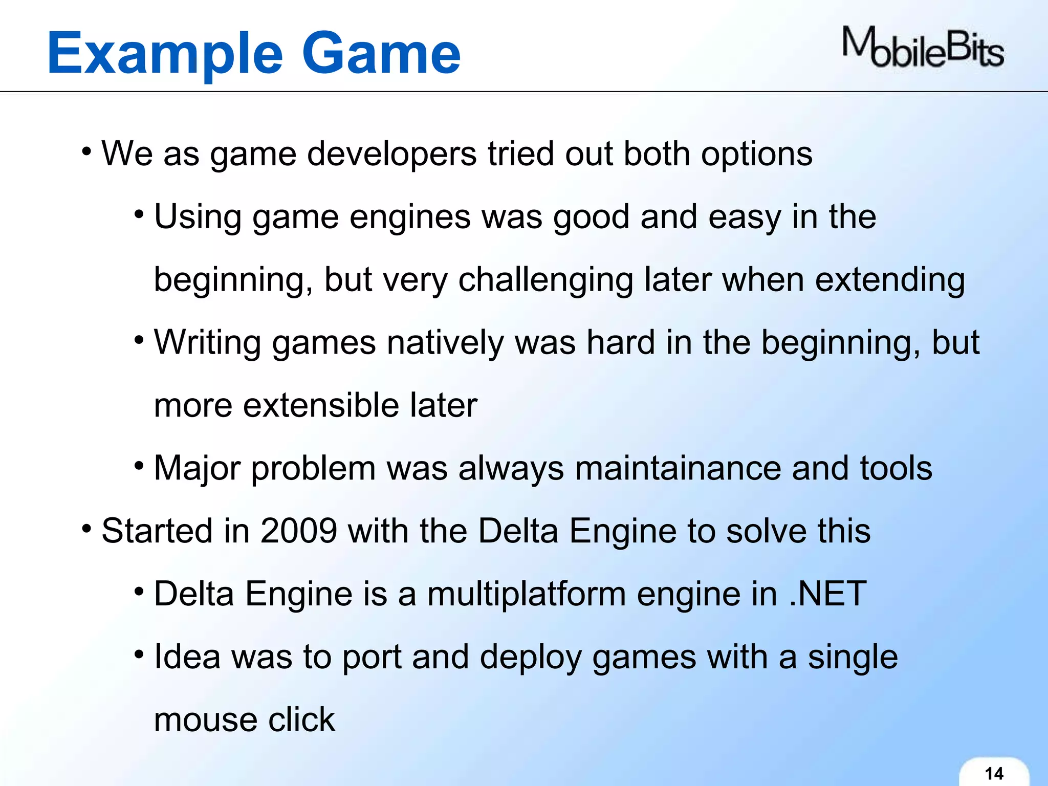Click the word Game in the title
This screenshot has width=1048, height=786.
coord(381,54)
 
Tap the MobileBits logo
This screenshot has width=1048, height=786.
coord(923,48)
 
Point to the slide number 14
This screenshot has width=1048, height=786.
coord(994,773)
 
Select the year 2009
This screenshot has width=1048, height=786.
coord(298,531)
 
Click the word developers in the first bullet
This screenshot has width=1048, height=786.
coord(391,154)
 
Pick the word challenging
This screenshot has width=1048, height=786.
coord(545,280)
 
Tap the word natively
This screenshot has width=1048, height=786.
coord(445,343)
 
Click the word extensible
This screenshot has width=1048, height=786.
coord(321,406)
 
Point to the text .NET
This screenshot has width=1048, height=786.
coord(827,594)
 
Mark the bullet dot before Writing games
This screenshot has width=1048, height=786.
coord(139,340)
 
